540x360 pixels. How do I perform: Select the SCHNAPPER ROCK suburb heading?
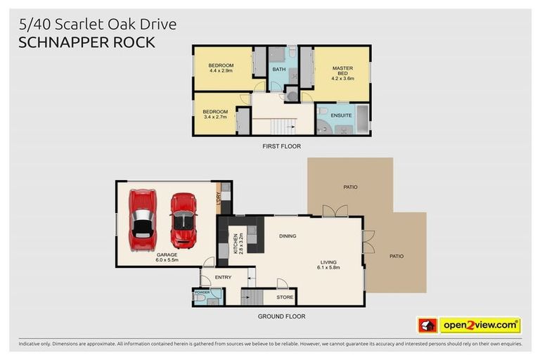(86, 42)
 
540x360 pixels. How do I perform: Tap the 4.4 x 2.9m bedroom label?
(221, 67)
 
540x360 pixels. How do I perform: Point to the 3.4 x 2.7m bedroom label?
(215, 114)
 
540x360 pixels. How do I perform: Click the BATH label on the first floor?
(279, 70)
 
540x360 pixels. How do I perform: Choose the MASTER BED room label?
(342, 73)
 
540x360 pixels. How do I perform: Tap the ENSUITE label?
(341, 115)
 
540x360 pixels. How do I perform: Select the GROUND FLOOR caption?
(281, 316)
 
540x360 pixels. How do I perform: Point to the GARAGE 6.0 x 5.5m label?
(166, 257)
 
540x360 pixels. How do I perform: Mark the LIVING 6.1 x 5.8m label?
(329, 265)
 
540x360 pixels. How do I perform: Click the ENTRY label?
(223, 277)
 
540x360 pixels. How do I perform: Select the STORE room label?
(285, 297)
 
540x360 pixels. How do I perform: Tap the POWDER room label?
(202, 292)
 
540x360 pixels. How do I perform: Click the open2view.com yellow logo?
(480, 325)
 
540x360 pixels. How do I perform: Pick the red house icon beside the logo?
(427, 325)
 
